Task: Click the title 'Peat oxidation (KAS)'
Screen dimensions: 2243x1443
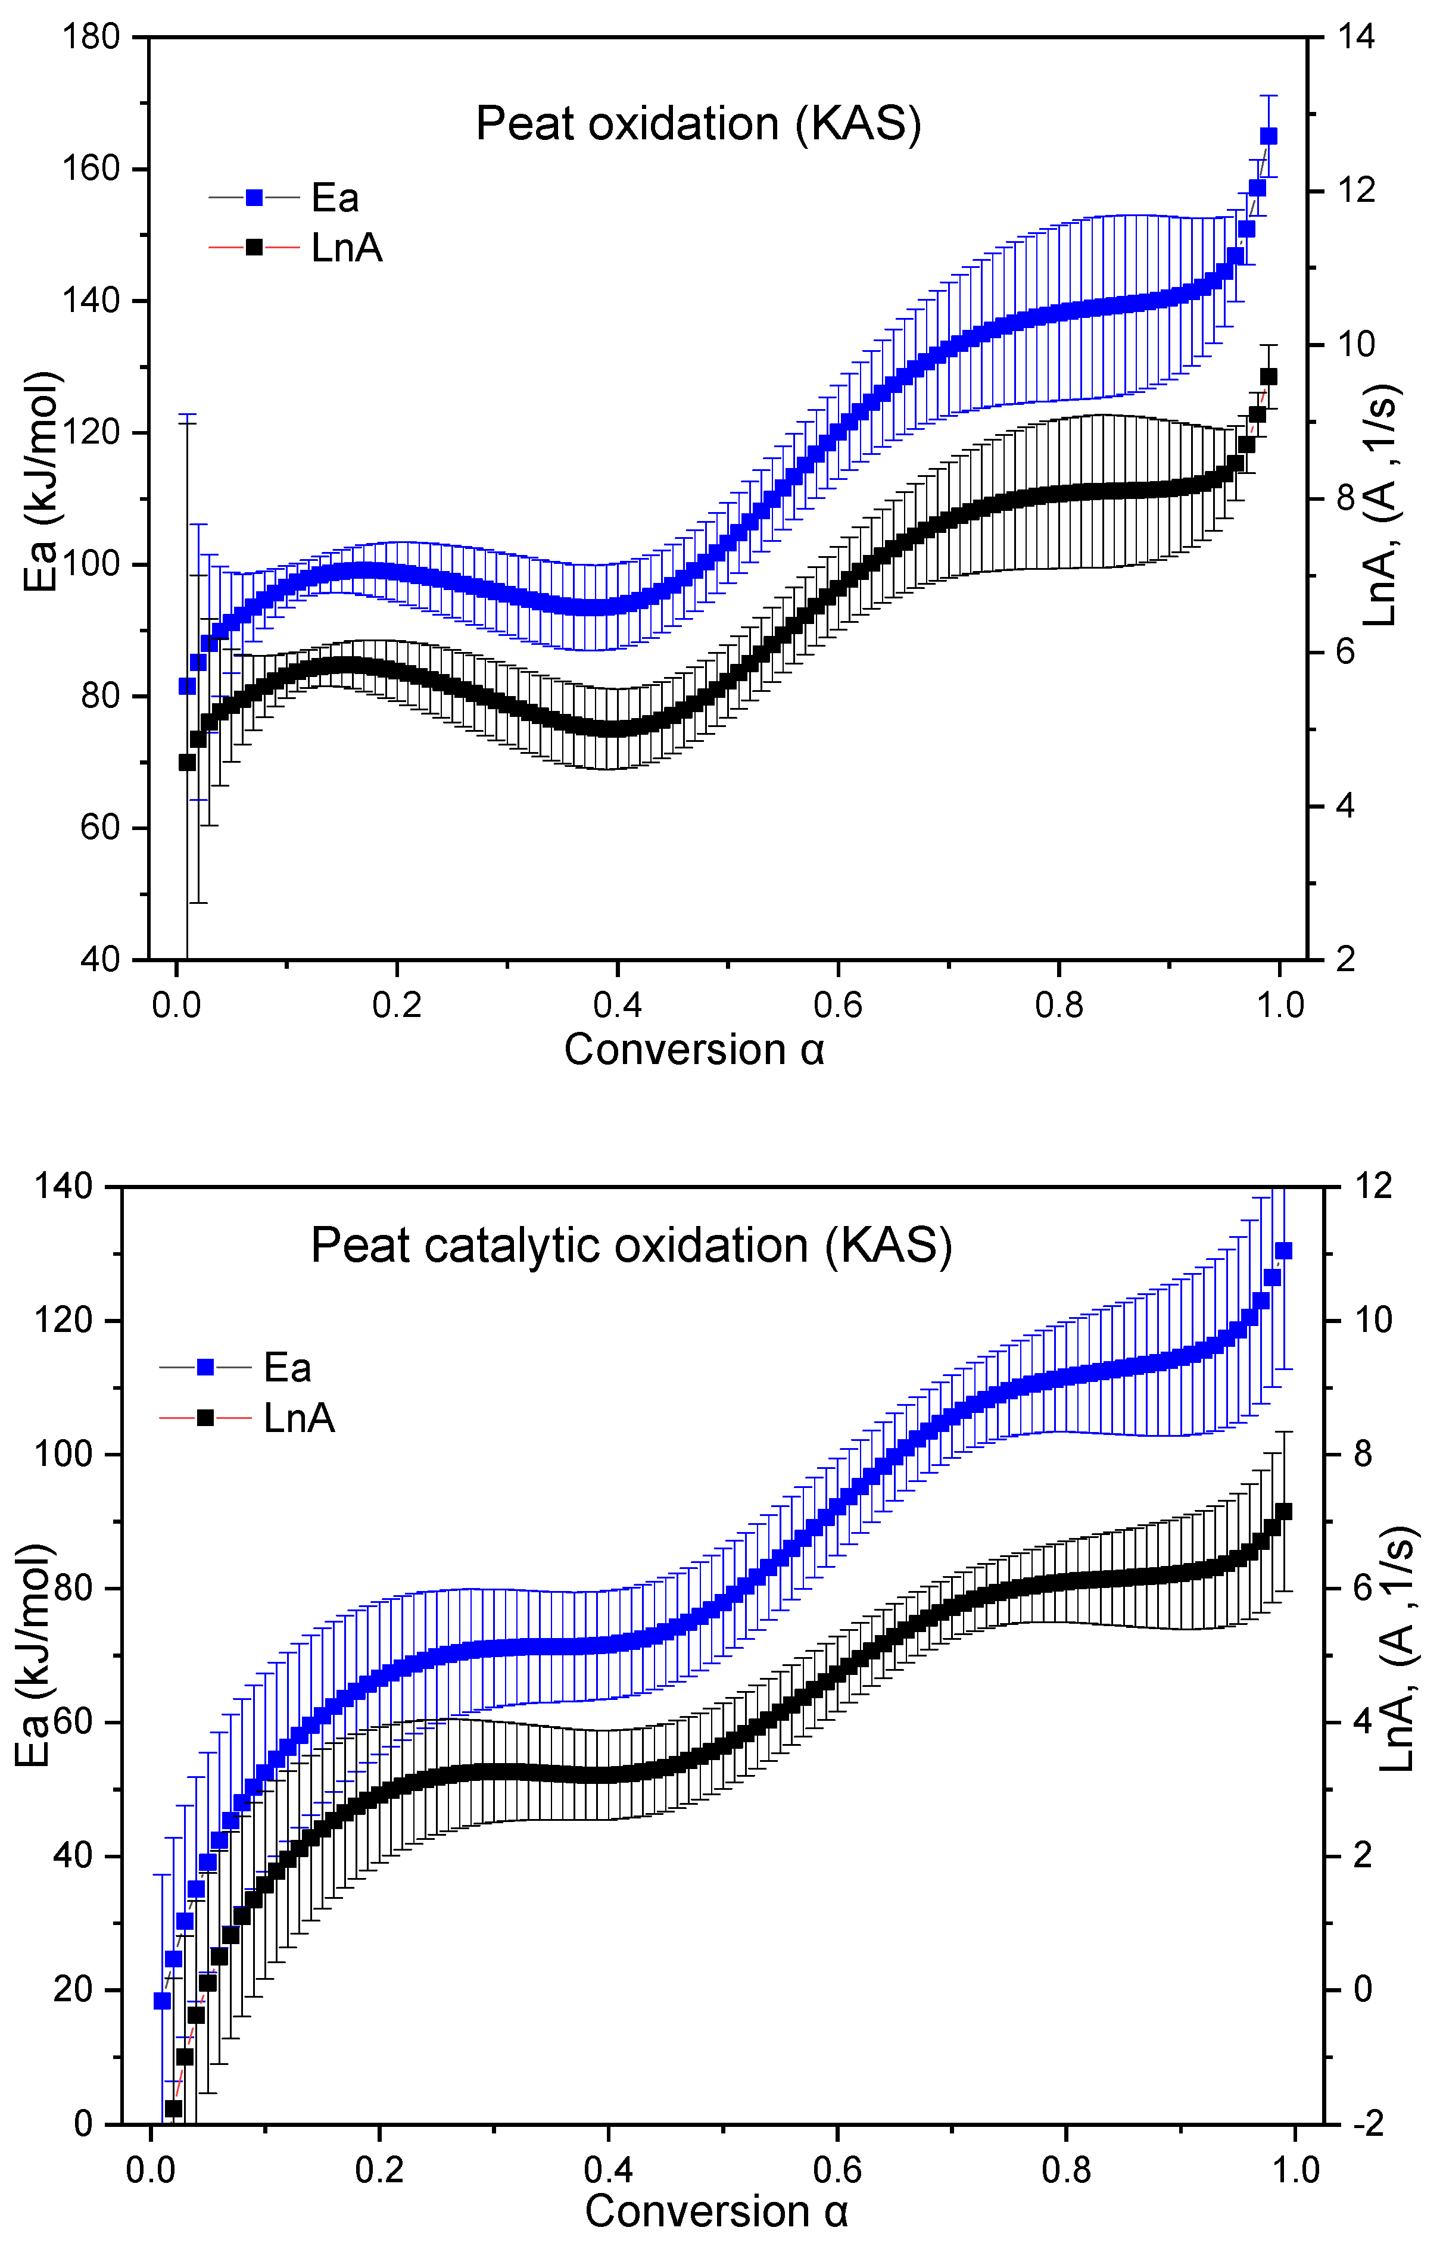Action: [x=698, y=124]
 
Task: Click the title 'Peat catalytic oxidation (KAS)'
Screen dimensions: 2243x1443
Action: [x=631, y=1246]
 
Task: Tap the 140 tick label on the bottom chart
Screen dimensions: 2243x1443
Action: [x=65, y=1186]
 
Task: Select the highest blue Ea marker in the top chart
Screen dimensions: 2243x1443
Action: [x=1269, y=136]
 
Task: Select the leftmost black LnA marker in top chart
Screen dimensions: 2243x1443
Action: [x=186, y=762]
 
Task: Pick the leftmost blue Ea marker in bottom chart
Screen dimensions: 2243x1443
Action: [x=162, y=2000]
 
